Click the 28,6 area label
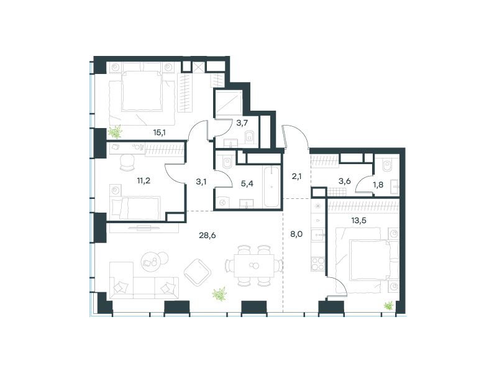point(207,236)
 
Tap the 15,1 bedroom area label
point(160,132)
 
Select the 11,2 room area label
point(144,181)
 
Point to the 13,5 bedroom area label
point(359,220)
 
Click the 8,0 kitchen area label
point(296,234)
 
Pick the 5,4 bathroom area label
point(247,183)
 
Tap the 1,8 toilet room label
point(378,185)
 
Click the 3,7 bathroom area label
point(242,122)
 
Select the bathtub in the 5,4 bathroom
point(271,187)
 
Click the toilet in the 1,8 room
point(387,164)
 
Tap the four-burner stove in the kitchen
point(318,264)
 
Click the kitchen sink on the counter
point(317,236)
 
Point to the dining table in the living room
point(254,265)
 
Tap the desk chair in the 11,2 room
point(128,163)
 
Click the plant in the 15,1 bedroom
point(115,132)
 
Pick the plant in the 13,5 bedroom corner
point(389,306)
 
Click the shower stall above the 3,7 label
point(229,103)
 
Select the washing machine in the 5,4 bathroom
point(222,203)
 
